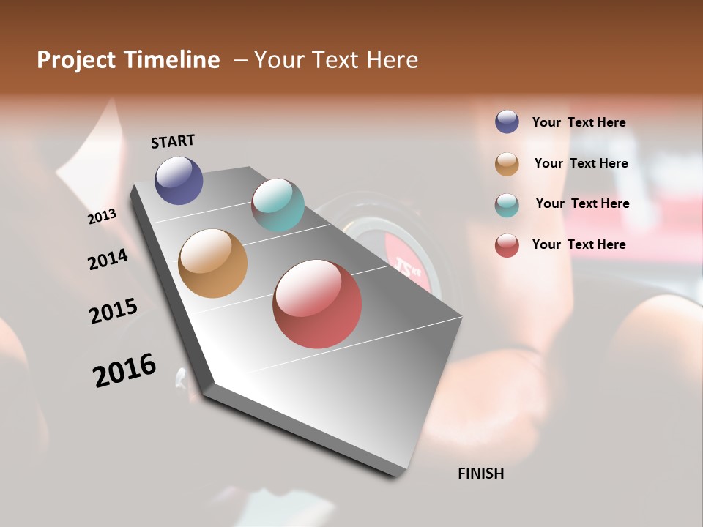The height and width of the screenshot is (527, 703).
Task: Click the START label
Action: (173, 141)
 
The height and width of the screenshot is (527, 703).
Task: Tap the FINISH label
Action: (480, 474)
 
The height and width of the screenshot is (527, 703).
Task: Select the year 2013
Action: (103, 217)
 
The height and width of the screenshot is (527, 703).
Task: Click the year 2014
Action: (108, 259)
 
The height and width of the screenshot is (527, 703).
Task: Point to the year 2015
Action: (114, 310)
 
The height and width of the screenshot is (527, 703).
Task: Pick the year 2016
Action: (124, 370)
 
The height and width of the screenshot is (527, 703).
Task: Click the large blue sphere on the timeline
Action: (179, 180)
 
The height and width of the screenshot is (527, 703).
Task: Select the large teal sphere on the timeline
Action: (278, 205)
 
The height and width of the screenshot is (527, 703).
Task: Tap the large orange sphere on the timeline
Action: (213, 263)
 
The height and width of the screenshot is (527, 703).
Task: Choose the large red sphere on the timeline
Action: (317, 304)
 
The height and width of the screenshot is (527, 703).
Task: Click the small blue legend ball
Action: (507, 122)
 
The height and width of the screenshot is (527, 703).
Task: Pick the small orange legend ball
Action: (507, 164)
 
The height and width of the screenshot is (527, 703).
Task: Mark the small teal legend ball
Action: (507, 205)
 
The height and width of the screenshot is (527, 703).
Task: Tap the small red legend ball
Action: (507, 245)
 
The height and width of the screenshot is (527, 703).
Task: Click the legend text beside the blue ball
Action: (579, 122)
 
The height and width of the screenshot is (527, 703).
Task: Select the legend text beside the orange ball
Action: (581, 163)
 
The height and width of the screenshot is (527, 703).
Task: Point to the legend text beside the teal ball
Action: (582, 203)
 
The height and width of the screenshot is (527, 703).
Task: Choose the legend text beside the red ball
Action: (579, 244)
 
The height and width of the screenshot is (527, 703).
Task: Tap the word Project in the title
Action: (76, 60)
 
